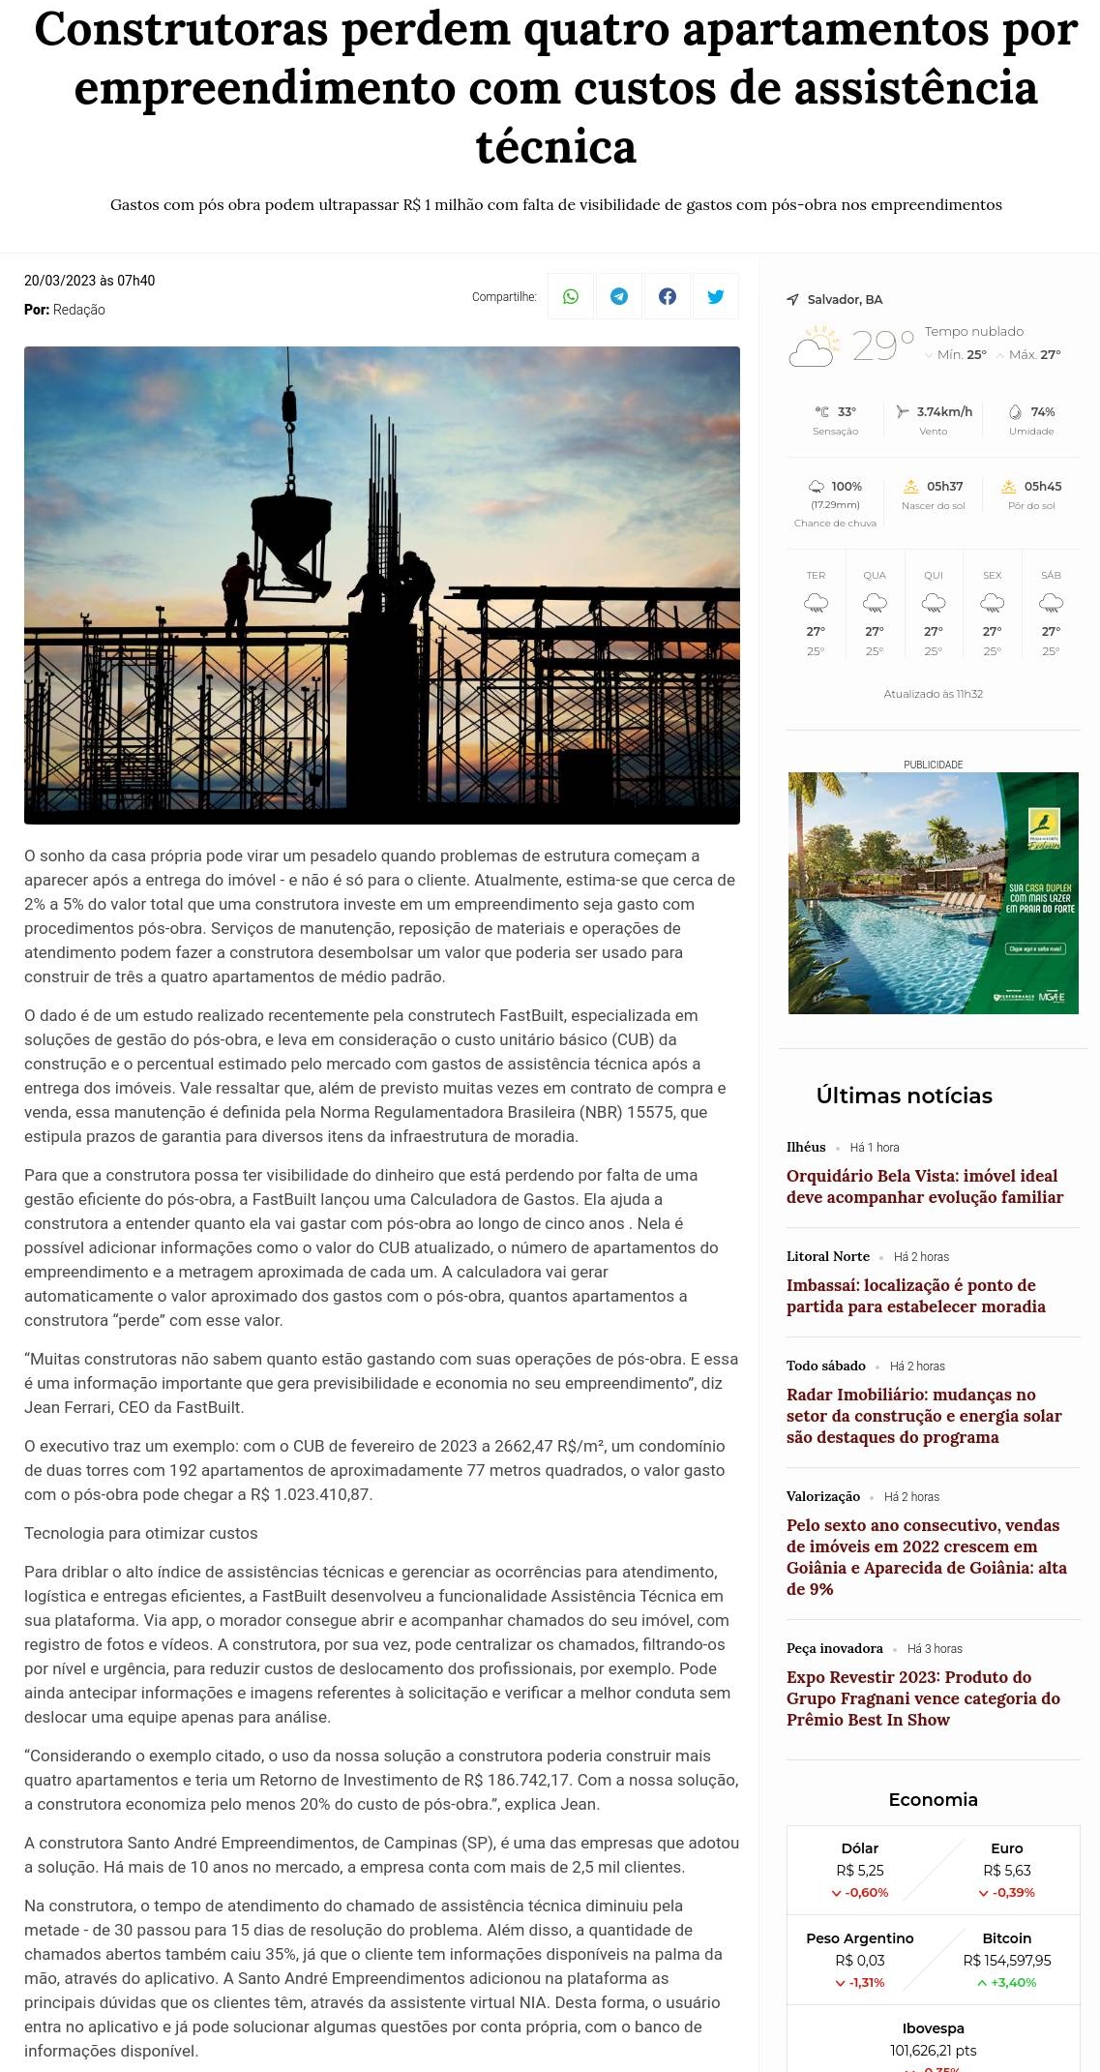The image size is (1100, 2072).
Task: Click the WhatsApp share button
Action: click(x=571, y=296)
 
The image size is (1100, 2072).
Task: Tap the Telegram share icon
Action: click(x=619, y=296)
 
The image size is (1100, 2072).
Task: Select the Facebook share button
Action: click(x=668, y=296)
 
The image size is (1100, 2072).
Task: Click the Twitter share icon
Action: click(x=716, y=296)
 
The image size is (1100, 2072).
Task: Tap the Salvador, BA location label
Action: click(x=845, y=300)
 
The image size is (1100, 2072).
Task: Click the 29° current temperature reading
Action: click(x=881, y=345)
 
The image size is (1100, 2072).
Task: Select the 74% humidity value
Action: click(x=1042, y=412)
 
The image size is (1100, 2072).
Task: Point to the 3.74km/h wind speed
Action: click(x=943, y=412)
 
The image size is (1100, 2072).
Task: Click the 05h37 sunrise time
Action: click(x=944, y=487)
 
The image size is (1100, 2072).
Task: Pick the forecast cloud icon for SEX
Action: click(x=992, y=604)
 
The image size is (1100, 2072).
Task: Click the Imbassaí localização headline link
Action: click(x=915, y=1296)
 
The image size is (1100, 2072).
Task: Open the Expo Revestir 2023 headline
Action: click(x=923, y=1698)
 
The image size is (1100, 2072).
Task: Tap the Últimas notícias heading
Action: click(x=904, y=1096)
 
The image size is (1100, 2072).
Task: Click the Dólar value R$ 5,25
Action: click(x=859, y=1871)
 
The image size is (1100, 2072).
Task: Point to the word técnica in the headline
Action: click(x=555, y=147)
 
